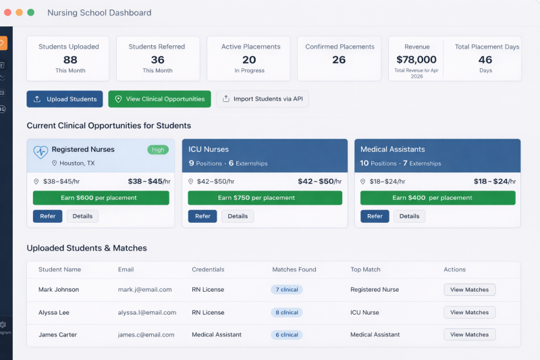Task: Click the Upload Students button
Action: pyautogui.click(x=65, y=99)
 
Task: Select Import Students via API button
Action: pyautogui.click(x=263, y=99)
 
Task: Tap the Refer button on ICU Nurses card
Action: pyautogui.click(x=202, y=216)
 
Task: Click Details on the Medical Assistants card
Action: pyautogui.click(x=409, y=216)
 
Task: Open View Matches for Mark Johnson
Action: pyautogui.click(x=469, y=290)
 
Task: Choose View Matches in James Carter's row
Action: pyautogui.click(x=469, y=335)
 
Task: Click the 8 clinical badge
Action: pyautogui.click(x=286, y=313)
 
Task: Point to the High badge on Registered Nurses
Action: pyautogui.click(x=158, y=150)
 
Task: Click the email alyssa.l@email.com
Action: pyautogui.click(x=146, y=313)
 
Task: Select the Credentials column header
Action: pyautogui.click(x=208, y=269)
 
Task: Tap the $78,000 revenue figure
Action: pyautogui.click(x=416, y=59)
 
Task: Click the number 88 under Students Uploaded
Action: pyautogui.click(x=70, y=59)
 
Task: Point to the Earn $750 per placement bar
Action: pyautogui.click(x=265, y=198)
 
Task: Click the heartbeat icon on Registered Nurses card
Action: pyautogui.click(x=40, y=151)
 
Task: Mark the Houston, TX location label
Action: pyautogui.click(x=77, y=163)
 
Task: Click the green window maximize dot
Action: pyautogui.click(x=31, y=13)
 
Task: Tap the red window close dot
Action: pyautogui.click(x=7, y=13)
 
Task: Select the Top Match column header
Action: pyautogui.click(x=365, y=269)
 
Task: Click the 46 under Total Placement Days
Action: pyautogui.click(x=485, y=59)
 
